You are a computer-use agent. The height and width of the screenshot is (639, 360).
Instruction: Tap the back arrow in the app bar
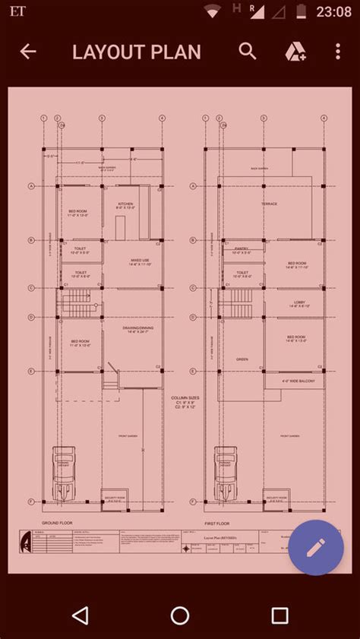point(28,52)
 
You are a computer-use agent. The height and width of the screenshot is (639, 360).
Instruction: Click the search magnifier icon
point(248,51)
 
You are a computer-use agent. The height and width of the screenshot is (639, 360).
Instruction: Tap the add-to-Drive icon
point(295,52)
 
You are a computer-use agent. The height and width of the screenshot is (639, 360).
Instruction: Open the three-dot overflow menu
point(338,52)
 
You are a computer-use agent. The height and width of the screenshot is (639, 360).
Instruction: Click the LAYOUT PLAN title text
point(137,52)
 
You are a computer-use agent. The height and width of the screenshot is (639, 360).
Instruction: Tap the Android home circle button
point(180,615)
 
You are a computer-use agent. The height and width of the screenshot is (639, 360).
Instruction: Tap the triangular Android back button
point(80,615)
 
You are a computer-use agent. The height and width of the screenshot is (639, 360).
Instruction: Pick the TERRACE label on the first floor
point(270,204)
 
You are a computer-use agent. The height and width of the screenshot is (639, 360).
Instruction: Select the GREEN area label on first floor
point(242,359)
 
